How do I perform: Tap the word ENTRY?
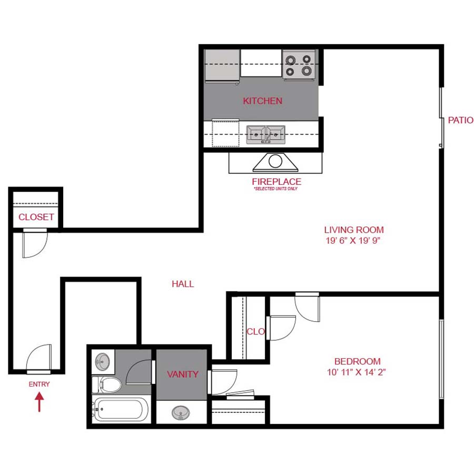coord(39,384)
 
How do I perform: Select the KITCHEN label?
coord(262,101)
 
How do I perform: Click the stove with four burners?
coord(299,65)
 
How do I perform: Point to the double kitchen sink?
coord(266,134)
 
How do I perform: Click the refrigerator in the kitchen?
coord(222,66)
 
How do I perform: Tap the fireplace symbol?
coord(275,163)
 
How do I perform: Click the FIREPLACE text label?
coord(276,182)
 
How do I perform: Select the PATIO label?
coord(460,120)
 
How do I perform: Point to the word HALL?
coord(183,284)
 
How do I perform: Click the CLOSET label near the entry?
coord(36,217)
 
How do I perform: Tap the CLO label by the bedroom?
coord(255,331)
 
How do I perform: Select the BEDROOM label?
coord(357,361)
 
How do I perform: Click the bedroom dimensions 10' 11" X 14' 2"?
coord(357,372)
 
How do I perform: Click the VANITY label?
coord(183,374)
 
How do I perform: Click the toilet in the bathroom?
coord(105,384)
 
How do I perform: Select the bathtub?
coord(120,410)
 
